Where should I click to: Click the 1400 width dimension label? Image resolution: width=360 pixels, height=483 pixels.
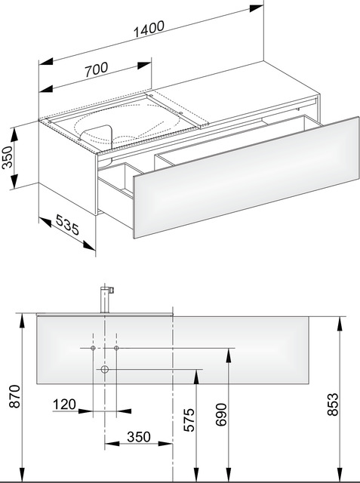click(x=149, y=29)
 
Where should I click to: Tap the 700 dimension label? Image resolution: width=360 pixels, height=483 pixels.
click(x=97, y=69)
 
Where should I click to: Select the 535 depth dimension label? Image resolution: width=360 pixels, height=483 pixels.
click(x=67, y=225)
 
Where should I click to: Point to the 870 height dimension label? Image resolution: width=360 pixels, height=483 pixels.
click(x=15, y=396)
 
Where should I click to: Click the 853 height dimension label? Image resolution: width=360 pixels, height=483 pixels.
click(x=333, y=405)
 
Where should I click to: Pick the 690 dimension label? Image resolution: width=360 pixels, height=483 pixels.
click(x=221, y=414)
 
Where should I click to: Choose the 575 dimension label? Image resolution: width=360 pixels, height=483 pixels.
click(x=189, y=420)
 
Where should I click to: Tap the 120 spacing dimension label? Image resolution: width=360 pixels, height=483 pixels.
click(x=64, y=405)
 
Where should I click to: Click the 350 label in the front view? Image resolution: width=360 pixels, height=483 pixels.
click(x=139, y=437)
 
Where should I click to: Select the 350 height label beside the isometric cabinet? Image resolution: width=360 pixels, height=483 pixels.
click(x=8, y=157)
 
